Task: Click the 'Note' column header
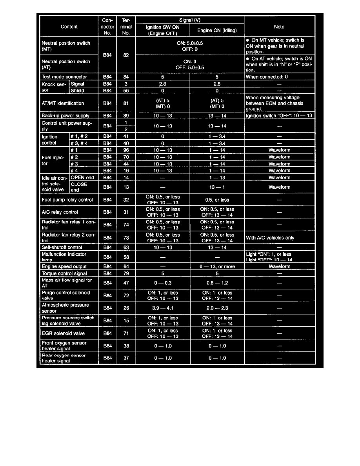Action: [x=279, y=27]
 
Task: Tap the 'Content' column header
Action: [x=69, y=27]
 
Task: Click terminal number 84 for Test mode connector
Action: [x=126, y=77]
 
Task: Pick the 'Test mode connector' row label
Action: [x=64, y=77]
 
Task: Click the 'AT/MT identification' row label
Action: [x=63, y=104]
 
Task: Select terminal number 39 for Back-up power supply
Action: [x=126, y=116]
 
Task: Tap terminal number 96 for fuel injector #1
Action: [x=126, y=150]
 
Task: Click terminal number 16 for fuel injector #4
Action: [x=126, y=171]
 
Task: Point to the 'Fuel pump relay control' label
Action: [x=67, y=200]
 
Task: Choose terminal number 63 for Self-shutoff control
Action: [x=126, y=248]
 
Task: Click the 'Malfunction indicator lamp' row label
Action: [x=64, y=257]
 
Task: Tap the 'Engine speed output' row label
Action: [x=64, y=267]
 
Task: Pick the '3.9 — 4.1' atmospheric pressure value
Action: [x=162, y=308]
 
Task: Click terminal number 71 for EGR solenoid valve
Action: [x=126, y=333]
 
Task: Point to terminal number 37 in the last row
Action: [x=126, y=358]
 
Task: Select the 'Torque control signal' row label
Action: [x=64, y=273]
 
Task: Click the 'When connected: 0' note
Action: [x=267, y=77]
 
